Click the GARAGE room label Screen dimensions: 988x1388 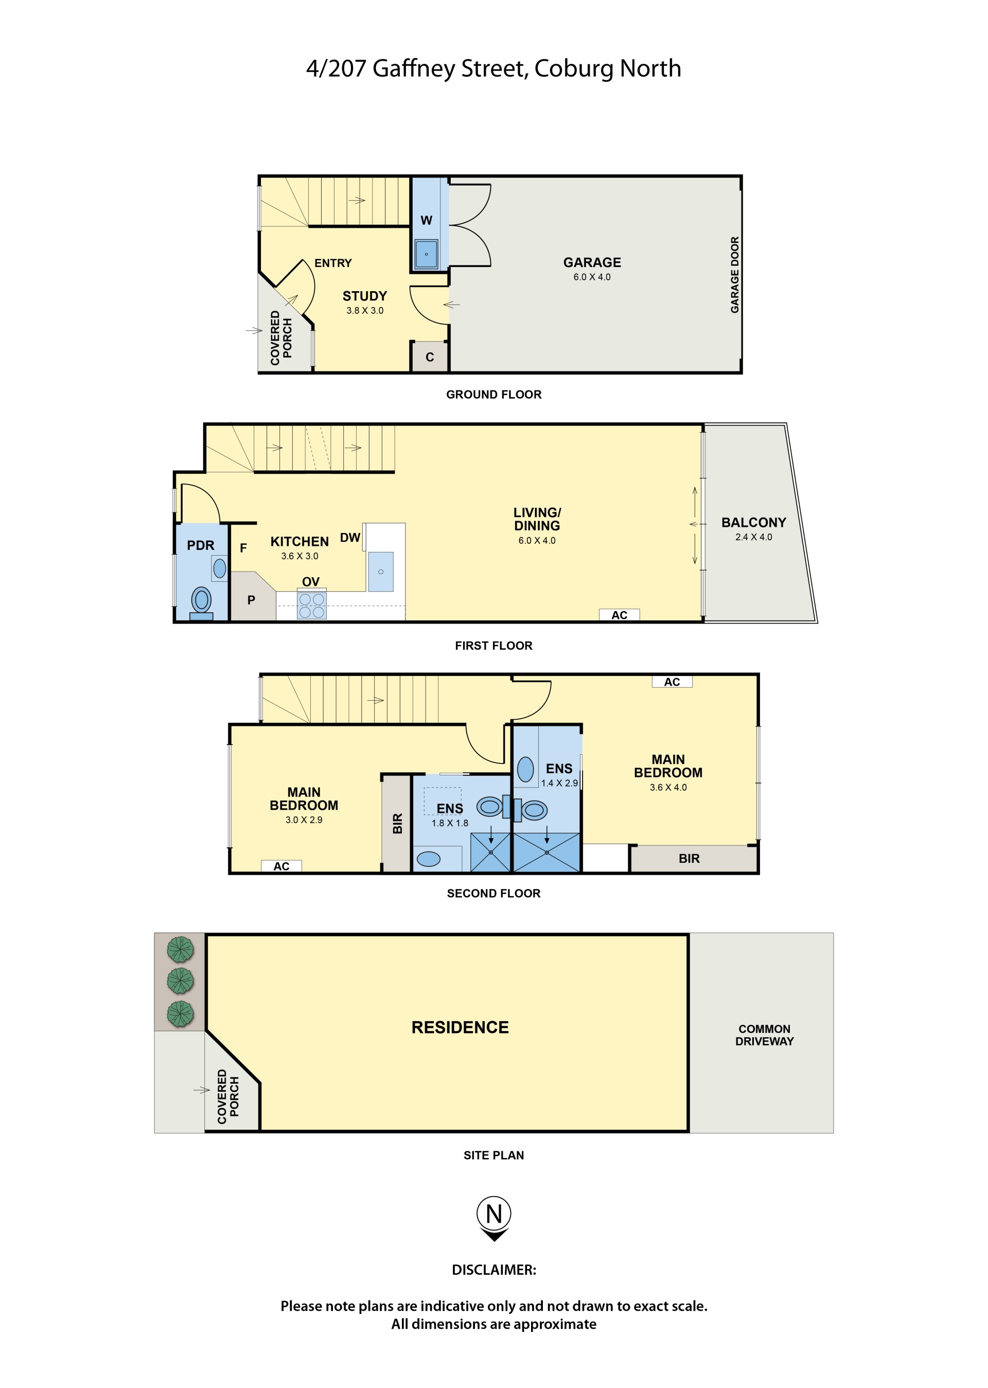[x=592, y=262]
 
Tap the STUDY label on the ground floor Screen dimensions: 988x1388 [x=364, y=296]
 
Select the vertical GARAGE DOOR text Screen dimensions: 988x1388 [x=735, y=275]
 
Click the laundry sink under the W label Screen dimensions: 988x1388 [x=426, y=254]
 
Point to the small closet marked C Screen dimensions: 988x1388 [x=430, y=357]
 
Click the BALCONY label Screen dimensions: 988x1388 [x=754, y=523]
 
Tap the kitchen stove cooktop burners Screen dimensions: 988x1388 [x=311, y=606]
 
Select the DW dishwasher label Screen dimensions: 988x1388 [x=350, y=538]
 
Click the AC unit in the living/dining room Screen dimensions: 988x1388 [x=620, y=615]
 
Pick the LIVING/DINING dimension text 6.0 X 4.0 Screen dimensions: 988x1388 [x=537, y=540]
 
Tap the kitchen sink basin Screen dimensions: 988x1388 [x=381, y=572]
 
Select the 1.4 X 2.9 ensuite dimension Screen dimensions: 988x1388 [x=559, y=783]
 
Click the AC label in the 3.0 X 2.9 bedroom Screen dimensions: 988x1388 [x=281, y=866]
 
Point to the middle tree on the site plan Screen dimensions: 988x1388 [x=180, y=981]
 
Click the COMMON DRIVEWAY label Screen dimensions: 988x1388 [x=764, y=1035]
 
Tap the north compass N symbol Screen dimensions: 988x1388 [x=494, y=1214]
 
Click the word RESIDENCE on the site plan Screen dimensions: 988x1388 [x=460, y=1027]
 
